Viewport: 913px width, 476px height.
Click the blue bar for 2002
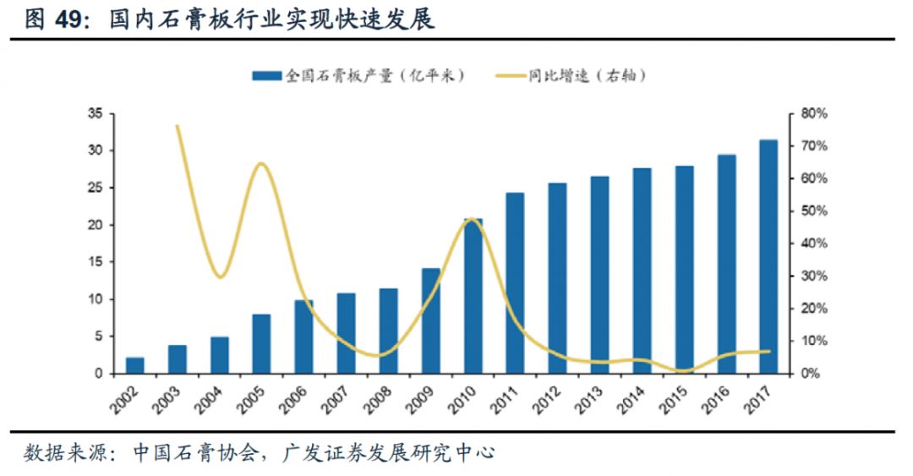(135, 365)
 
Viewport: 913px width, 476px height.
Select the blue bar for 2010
(473, 296)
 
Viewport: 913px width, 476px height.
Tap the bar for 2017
(768, 257)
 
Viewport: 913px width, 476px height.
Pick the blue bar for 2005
(262, 344)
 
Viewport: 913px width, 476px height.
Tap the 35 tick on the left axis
(94, 113)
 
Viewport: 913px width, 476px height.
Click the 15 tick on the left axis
(94, 262)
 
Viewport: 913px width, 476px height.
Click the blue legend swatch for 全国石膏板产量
(266, 76)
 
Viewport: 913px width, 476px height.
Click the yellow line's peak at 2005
(261, 163)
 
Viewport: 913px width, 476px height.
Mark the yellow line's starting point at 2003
(178, 126)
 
